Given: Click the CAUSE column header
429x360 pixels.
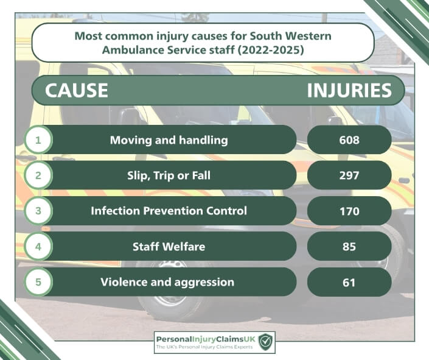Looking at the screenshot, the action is (76, 90).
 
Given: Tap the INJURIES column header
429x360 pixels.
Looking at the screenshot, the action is (349, 90).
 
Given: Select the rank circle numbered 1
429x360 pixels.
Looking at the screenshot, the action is (38, 139).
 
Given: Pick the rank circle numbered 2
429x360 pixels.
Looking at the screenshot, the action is (38, 175).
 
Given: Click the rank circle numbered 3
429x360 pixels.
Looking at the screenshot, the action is (38, 211).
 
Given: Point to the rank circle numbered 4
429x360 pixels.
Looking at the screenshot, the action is (38, 246).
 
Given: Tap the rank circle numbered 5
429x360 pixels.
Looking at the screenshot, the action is (38, 281).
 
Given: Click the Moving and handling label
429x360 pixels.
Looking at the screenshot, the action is (169, 140).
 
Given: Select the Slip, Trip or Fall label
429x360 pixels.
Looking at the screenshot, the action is (169, 175).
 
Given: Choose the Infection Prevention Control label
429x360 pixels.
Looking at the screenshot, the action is (169, 211).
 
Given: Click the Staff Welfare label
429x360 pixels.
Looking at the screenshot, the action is (169, 246).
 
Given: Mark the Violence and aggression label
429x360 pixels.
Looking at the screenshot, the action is (167, 282).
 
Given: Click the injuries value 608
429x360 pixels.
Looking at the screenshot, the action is (349, 140).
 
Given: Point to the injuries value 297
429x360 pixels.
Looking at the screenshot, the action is (349, 175).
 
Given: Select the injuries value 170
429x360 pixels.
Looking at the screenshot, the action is (349, 211).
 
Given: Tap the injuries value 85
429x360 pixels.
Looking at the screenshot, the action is (349, 247).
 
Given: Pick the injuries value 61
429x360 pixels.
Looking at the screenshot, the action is (349, 283).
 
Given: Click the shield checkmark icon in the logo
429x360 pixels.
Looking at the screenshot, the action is (265, 341).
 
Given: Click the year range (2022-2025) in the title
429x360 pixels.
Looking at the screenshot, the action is (271, 51).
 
